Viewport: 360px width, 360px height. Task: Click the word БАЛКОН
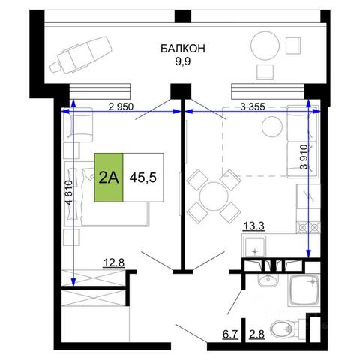(x=183, y=49)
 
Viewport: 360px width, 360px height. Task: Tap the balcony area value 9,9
(x=183, y=61)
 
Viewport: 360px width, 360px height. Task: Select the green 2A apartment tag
(x=109, y=178)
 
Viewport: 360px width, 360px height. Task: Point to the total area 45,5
(x=143, y=178)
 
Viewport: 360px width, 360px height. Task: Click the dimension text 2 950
(x=121, y=106)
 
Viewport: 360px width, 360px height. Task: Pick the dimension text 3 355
(x=253, y=106)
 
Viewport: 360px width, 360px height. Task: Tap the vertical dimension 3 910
(x=304, y=157)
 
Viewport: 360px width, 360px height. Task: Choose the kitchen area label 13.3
(x=254, y=226)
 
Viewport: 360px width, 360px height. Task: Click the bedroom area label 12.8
(x=114, y=263)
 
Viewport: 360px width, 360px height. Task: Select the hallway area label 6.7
(x=230, y=334)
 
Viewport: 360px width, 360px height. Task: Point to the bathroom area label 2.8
(x=256, y=334)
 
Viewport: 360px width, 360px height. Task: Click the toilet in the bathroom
(x=285, y=328)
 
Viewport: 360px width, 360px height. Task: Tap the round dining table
(x=214, y=196)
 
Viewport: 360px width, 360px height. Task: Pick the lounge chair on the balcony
(x=82, y=55)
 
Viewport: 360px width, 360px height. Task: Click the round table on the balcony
(x=265, y=46)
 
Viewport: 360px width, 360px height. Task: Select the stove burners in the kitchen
(x=308, y=227)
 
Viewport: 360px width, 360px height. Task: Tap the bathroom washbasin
(x=268, y=280)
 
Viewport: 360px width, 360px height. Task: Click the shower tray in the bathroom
(x=304, y=290)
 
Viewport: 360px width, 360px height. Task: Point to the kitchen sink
(x=254, y=247)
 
